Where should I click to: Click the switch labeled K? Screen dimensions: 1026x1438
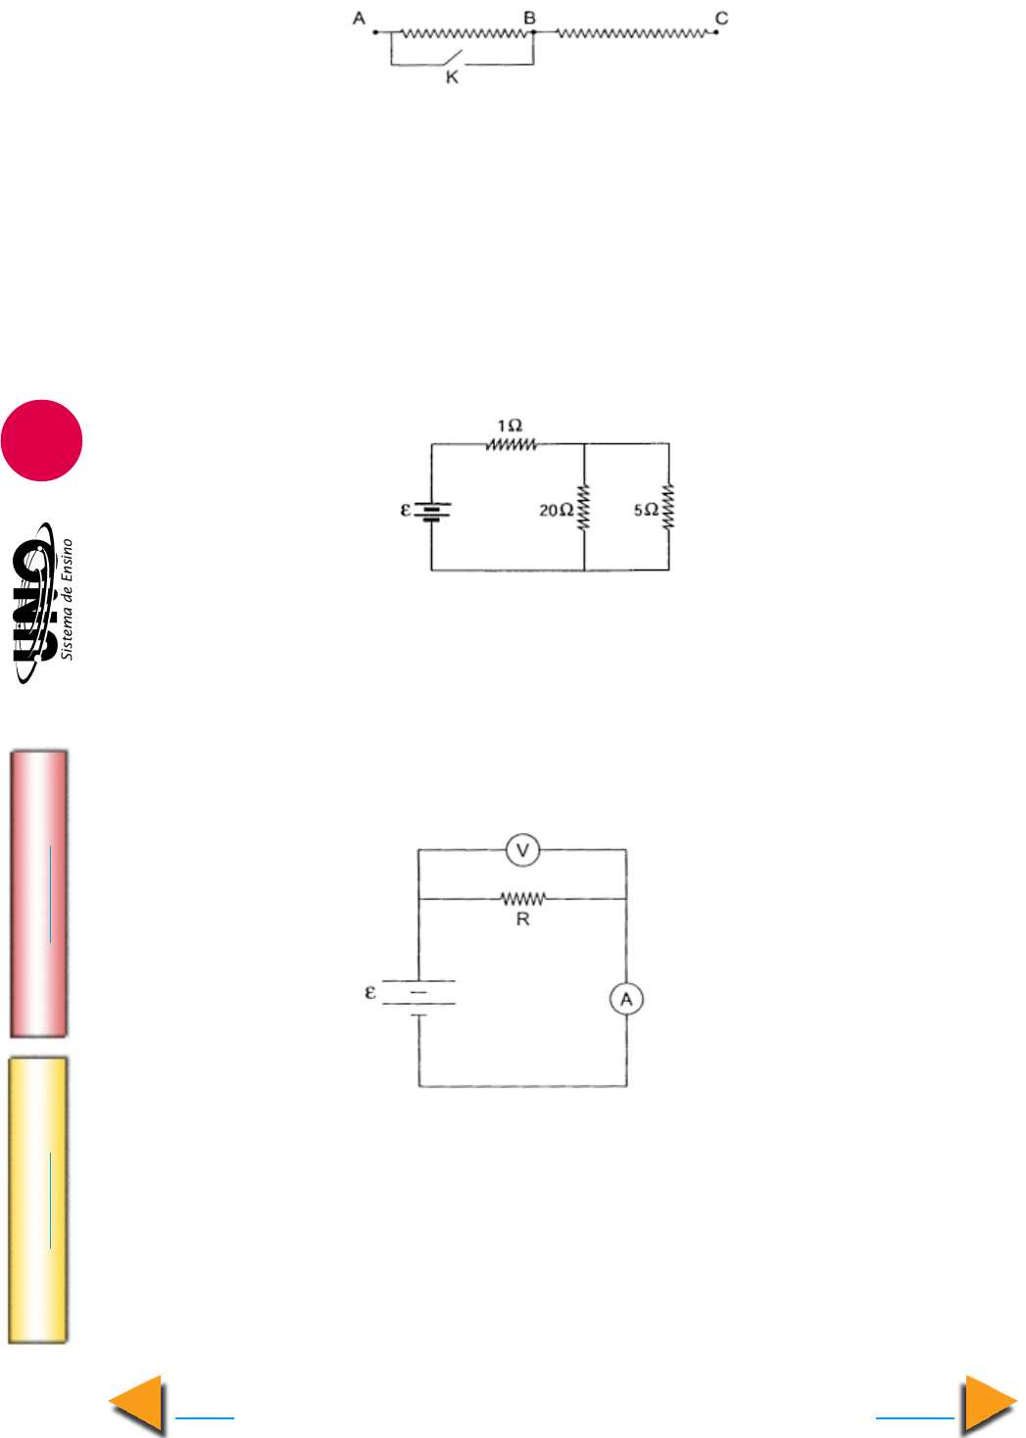click(x=452, y=58)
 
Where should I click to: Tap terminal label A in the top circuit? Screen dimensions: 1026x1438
click(x=359, y=18)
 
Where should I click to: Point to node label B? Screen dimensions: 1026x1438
click(x=529, y=18)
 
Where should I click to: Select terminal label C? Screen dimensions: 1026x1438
click(x=721, y=18)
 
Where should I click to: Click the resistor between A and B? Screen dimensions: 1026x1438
click(x=464, y=32)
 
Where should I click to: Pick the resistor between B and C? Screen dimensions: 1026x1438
click(x=632, y=32)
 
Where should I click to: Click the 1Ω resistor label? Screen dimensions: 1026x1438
click(x=510, y=425)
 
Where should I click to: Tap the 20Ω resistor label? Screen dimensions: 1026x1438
click(x=557, y=511)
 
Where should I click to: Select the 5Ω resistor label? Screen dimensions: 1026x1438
click(x=646, y=510)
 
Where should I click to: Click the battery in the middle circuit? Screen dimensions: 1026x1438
click(x=432, y=512)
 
